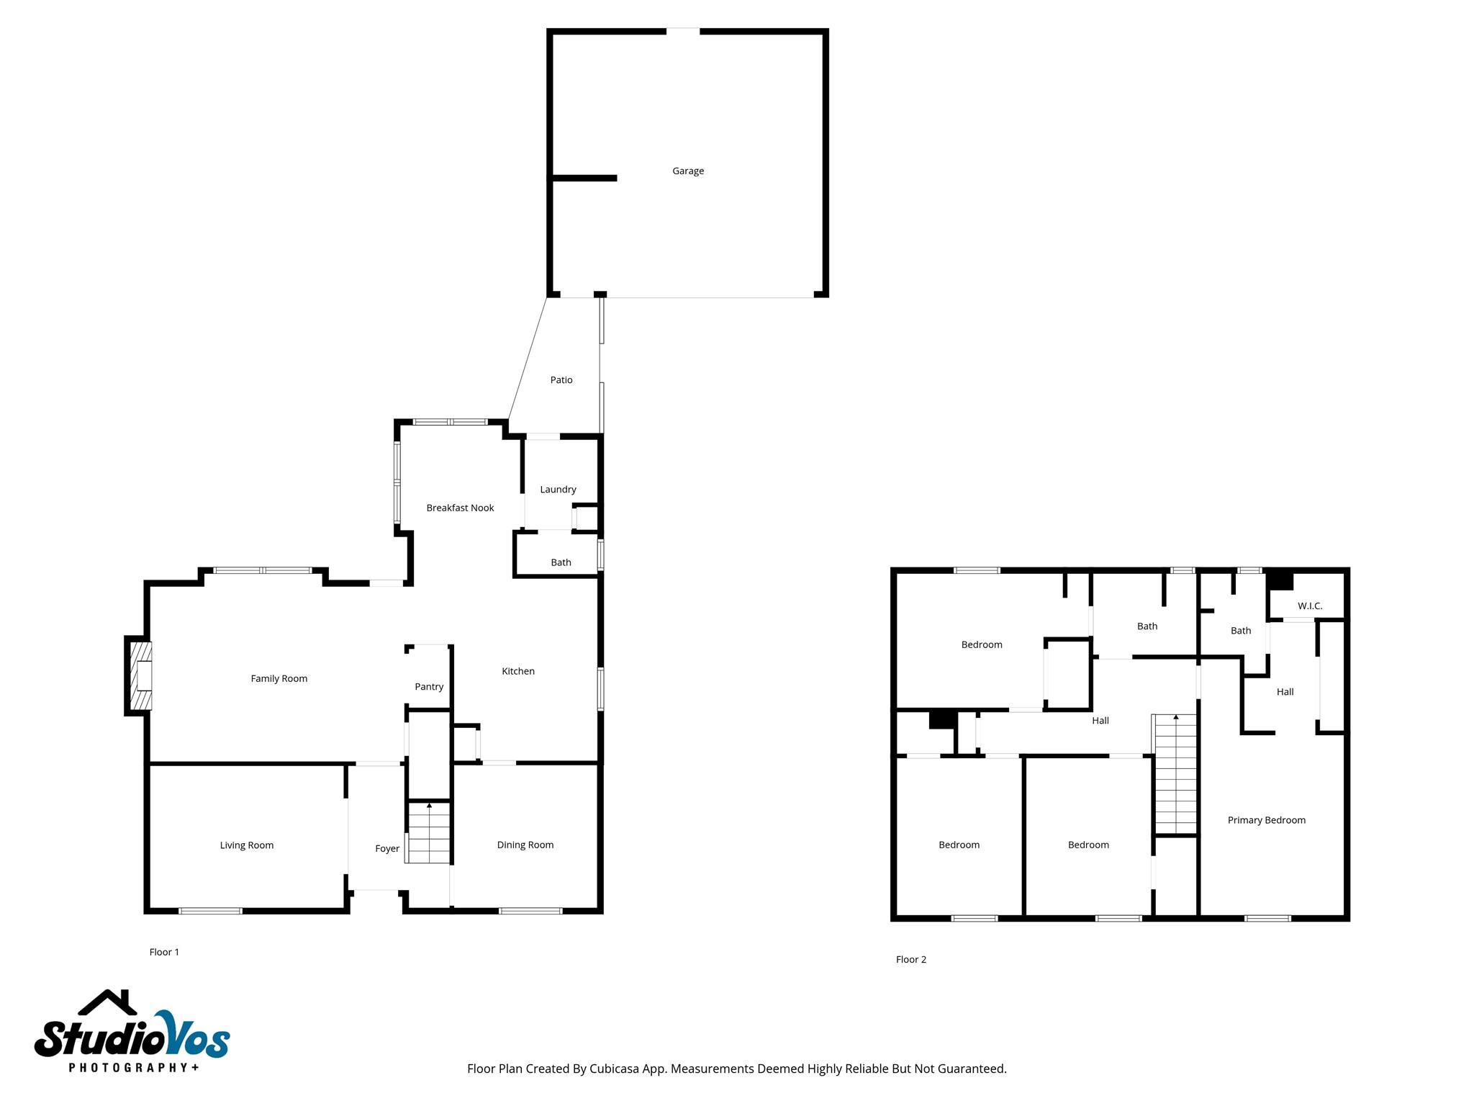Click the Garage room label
[688, 171]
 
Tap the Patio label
[561, 380]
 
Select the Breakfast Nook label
[460, 508]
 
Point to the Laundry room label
[558, 490]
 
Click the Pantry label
[429, 687]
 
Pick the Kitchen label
[518, 672]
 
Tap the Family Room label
[279, 679]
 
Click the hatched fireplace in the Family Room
[140, 676]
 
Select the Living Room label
[247, 845]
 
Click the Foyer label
[387, 849]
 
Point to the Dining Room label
[525, 845]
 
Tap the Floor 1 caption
[164, 953]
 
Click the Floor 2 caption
[911, 960]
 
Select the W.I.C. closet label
[1310, 606]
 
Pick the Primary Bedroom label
[1266, 820]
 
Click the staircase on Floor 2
[1175, 775]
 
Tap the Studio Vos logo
[132, 1037]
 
